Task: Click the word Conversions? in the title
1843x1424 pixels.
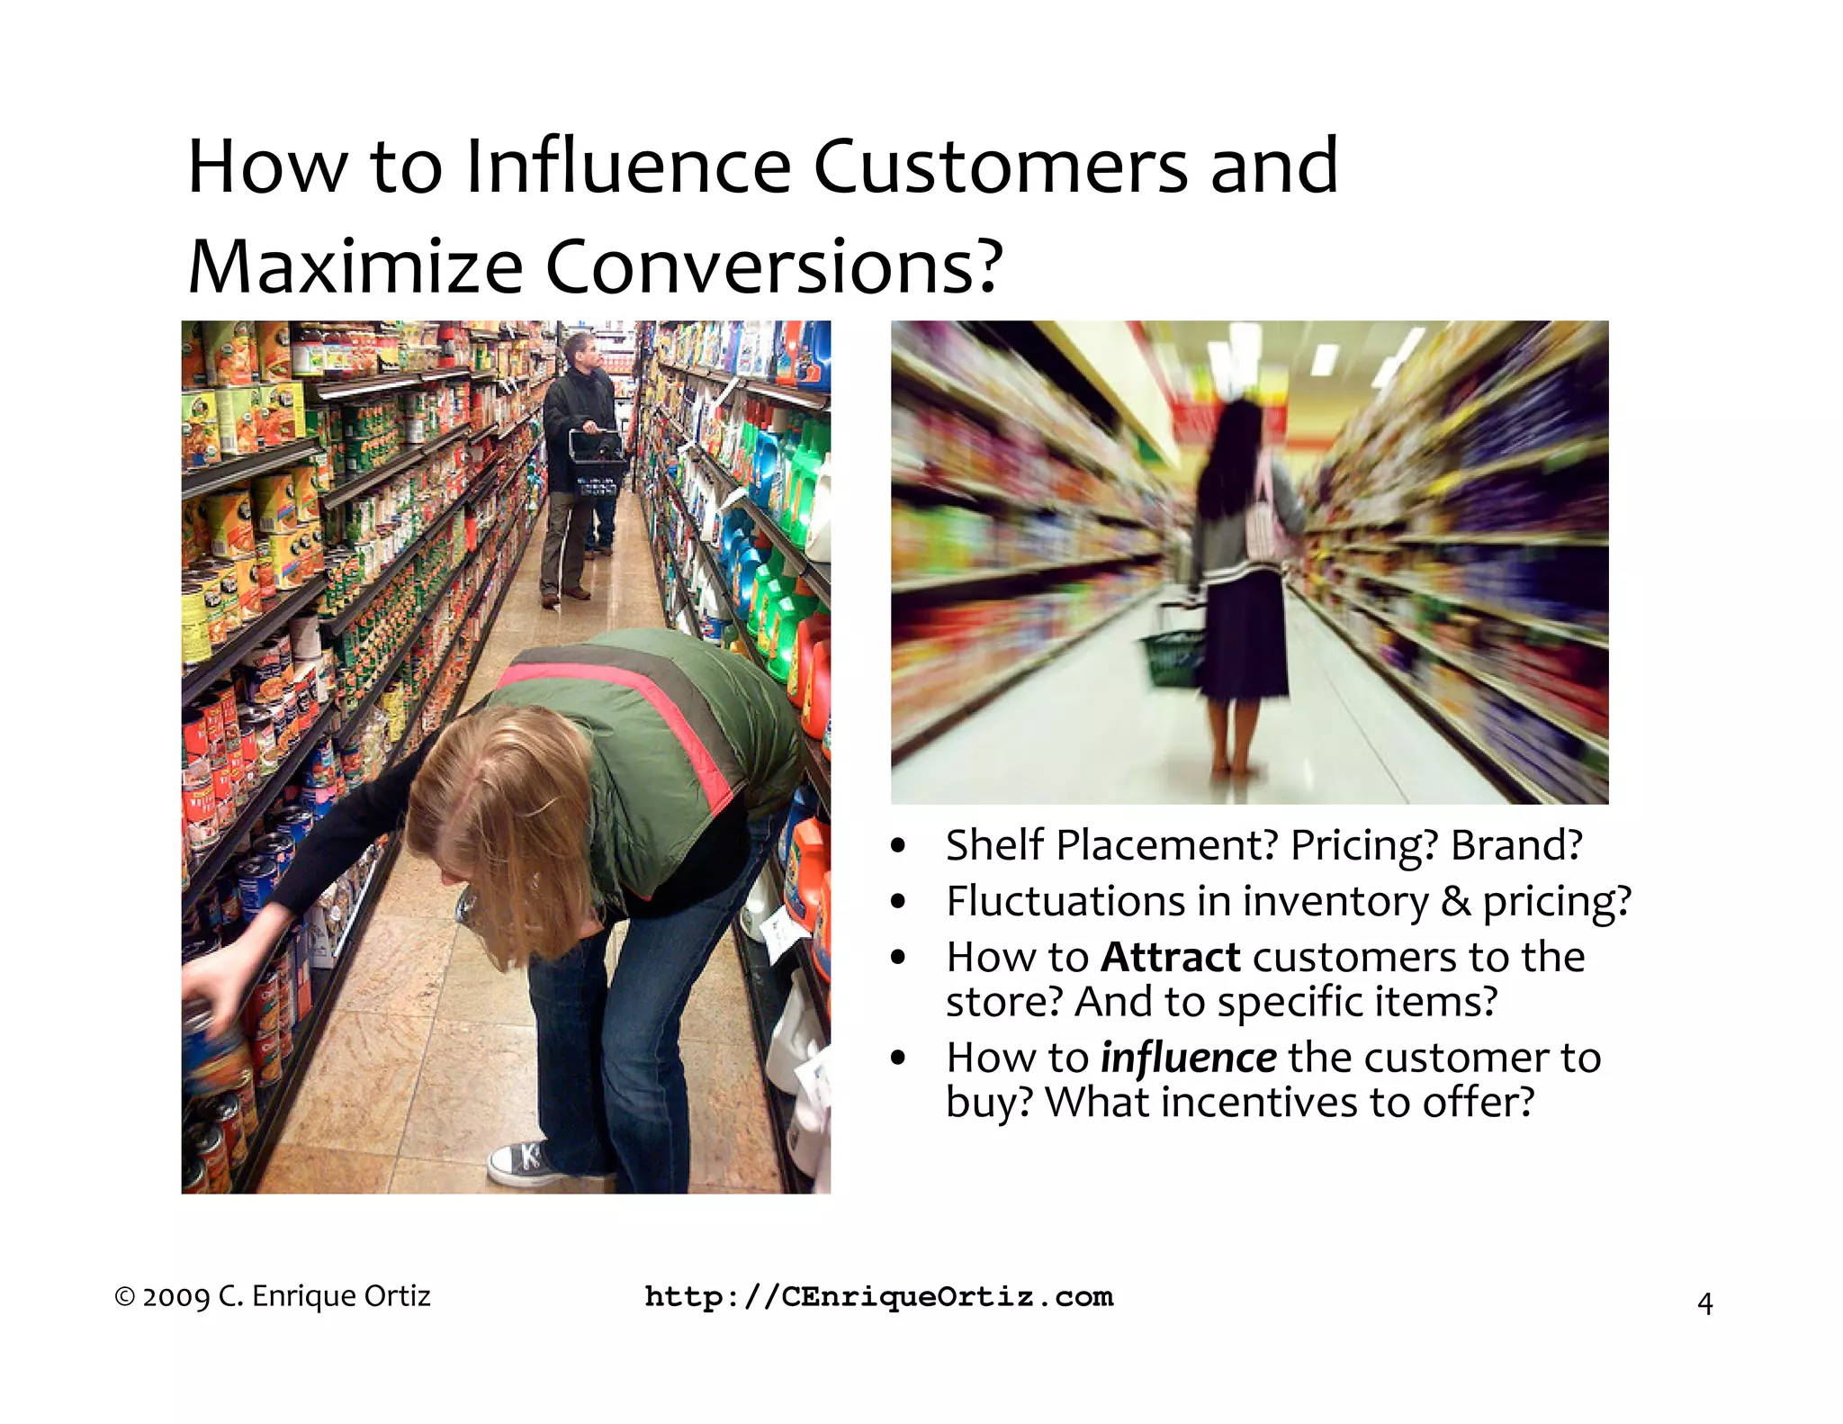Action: (x=774, y=267)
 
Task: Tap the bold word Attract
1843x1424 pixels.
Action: (x=1171, y=957)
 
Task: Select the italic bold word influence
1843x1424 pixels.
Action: (x=1188, y=1058)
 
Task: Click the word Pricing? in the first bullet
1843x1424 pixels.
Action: (x=1362, y=845)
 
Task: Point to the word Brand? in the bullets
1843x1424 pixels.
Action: (x=1516, y=845)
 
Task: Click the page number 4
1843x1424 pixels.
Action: (x=1704, y=1303)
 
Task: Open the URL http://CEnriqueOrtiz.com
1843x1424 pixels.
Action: (x=879, y=1297)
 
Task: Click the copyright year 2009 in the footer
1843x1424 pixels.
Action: (x=175, y=1297)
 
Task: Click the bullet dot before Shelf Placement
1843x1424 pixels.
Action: (x=897, y=846)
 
